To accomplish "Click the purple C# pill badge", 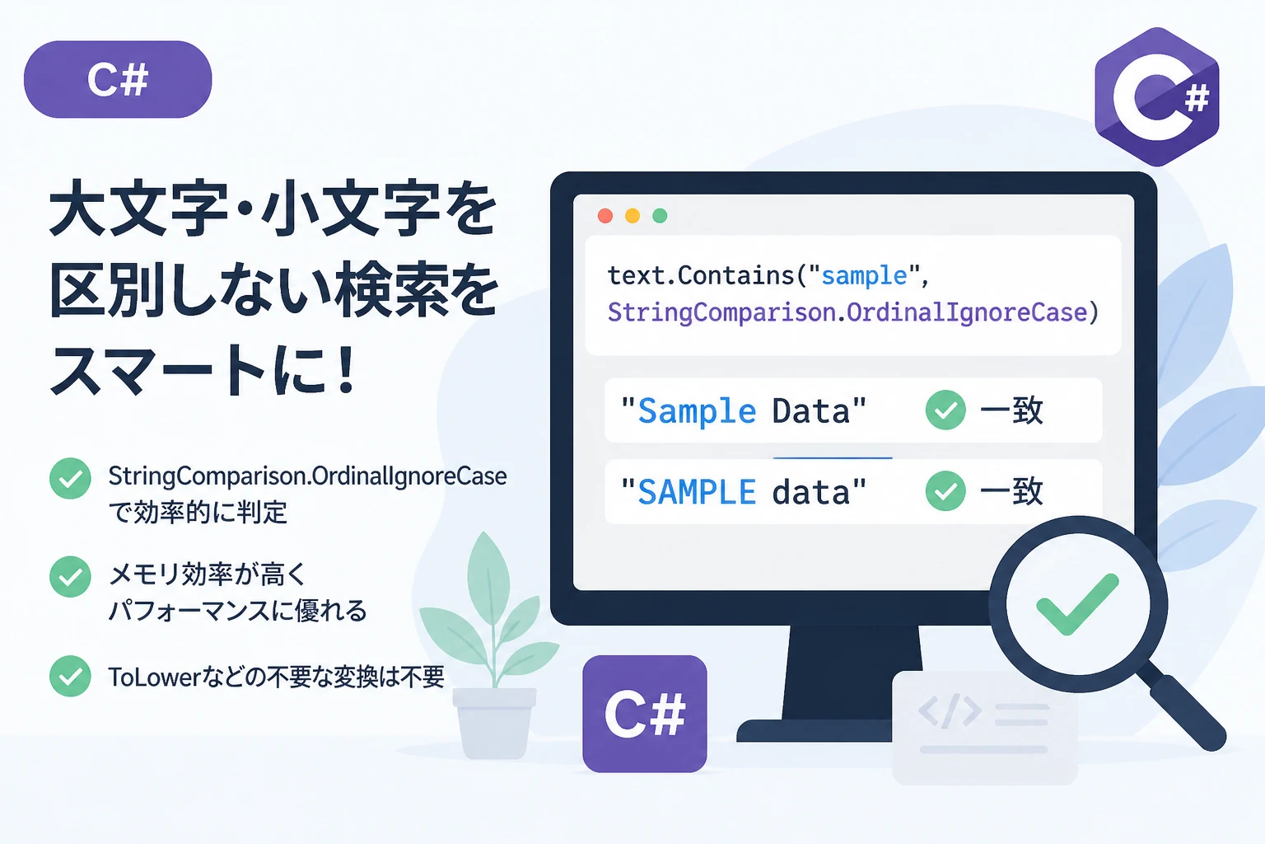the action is tap(118, 79).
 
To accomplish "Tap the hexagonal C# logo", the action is tap(1156, 96).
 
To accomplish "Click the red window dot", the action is tap(605, 215).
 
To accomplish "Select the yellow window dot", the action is tap(632, 215).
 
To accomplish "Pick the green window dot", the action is tap(660, 215).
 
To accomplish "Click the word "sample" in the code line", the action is tap(864, 276).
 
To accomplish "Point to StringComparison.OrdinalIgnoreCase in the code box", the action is tap(847, 312).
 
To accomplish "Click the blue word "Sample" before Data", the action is tap(697, 411).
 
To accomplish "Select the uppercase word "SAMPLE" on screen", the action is tap(697, 492).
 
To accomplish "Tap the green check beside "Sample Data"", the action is tap(945, 410).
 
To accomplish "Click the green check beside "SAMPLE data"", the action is tap(945, 490).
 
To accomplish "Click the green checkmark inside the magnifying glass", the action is tap(1077, 604).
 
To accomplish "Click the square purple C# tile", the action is tap(644, 714).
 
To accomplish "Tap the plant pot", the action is tap(494, 724).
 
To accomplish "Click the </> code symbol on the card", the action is tap(950, 710).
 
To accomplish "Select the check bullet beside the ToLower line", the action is tap(70, 676).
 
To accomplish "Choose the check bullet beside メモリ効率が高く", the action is tap(70, 577).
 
